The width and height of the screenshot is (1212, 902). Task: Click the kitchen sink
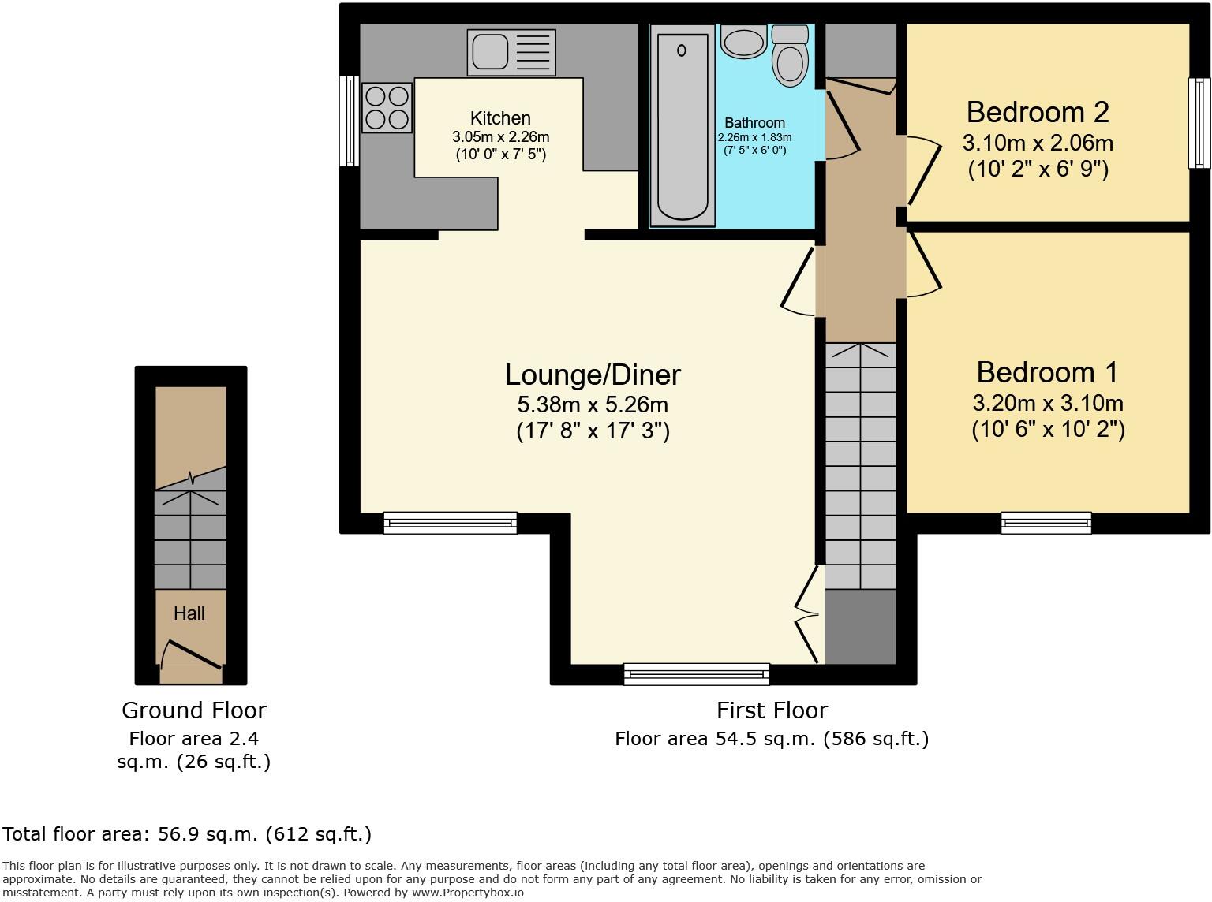click(x=511, y=52)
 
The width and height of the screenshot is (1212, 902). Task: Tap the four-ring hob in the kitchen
click(x=387, y=108)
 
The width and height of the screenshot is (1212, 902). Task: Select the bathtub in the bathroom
click(x=682, y=126)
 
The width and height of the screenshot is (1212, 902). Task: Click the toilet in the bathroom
click(x=790, y=55)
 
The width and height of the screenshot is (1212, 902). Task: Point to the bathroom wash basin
click(x=743, y=42)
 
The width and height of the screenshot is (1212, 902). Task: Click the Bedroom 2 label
click(x=1037, y=113)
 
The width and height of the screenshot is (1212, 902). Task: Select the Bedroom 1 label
click(x=1047, y=372)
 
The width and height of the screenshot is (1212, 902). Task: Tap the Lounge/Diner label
click(x=592, y=375)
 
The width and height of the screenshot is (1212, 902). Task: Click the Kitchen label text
click(x=500, y=118)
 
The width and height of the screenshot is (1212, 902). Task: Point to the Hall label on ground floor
click(x=189, y=613)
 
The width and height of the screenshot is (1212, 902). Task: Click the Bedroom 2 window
click(x=1199, y=123)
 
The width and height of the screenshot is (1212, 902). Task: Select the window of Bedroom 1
click(x=1046, y=522)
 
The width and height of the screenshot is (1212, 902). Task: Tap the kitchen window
click(x=348, y=121)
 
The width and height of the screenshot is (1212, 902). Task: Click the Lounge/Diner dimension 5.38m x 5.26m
click(x=592, y=405)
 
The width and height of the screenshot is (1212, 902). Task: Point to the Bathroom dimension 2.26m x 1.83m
click(x=754, y=137)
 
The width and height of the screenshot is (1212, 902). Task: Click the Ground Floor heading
click(x=194, y=710)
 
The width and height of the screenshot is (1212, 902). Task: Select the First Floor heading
click(x=772, y=710)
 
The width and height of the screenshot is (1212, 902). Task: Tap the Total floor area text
click(x=187, y=834)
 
